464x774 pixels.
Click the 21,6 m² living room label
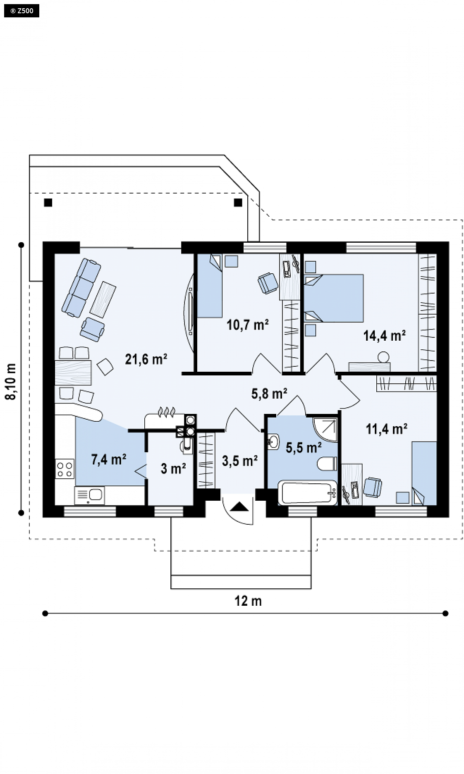coord(146,359)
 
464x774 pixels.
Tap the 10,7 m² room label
coord(248,325)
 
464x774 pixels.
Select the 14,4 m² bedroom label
coord(384,335)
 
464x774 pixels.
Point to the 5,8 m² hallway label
coord(269,393)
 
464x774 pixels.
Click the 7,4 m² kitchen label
coord(109,459)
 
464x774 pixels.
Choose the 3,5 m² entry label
coord(240,461)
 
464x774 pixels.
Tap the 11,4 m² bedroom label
coord(387,429)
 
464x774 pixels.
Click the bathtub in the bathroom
coord(308,492)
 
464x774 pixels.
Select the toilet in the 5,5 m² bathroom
coord(328,463)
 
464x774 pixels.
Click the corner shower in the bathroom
coord(326,430)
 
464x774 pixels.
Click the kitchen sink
coord(90,495)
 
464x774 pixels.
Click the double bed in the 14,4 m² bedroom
coord(334,298)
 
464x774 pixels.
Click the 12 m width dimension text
coord(248,601)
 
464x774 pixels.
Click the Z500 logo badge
coord(22,10)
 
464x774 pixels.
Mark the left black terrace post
coord(48,203)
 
